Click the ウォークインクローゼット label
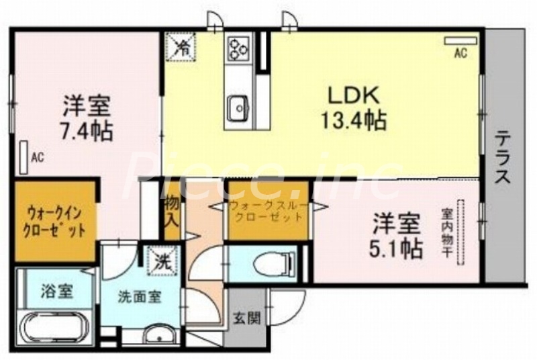pos(56,222)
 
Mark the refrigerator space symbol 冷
pos(181,46)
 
